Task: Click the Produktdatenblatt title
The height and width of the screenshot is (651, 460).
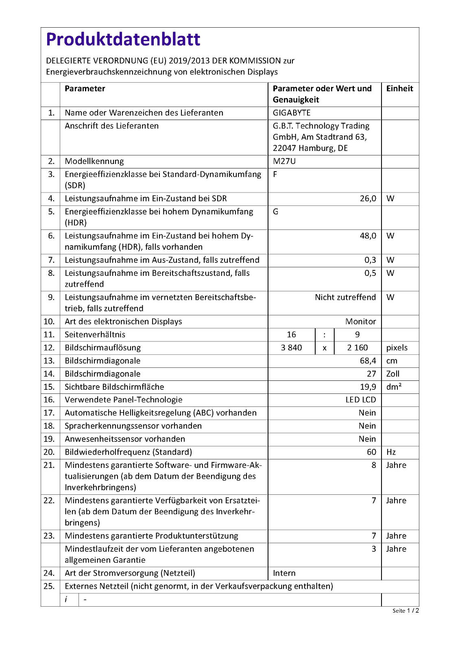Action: point(123,39)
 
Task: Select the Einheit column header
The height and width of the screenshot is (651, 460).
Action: point(399,89)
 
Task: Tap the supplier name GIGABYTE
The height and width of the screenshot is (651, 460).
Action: point(292,113)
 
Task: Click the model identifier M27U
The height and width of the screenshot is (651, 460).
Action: point(284,161)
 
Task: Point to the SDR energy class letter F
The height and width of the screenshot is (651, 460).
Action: point(275,174)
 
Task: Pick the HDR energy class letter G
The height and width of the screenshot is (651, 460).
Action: point(276,212)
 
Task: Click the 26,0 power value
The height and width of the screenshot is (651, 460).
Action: point(368,199)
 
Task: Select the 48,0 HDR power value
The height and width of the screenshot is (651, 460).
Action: point(368,236)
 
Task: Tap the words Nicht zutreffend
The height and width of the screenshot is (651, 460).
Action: point(345,297)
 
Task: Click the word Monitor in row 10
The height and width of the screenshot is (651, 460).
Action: point(360,321)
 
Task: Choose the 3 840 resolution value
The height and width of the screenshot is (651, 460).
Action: point(291,347)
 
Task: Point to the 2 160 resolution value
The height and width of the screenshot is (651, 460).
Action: point(357,347)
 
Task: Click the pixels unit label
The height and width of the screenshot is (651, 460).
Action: point(397,347)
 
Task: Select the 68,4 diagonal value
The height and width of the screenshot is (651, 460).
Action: point(368,360)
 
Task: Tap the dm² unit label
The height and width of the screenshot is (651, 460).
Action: point(394,387)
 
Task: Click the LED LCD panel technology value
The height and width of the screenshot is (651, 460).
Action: point(360,400)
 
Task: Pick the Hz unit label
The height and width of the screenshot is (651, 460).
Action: point(391,452)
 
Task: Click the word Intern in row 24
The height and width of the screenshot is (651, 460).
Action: point(284,573)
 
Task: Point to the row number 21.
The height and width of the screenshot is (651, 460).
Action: point(49,465)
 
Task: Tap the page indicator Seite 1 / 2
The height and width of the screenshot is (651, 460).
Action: point(405,610)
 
